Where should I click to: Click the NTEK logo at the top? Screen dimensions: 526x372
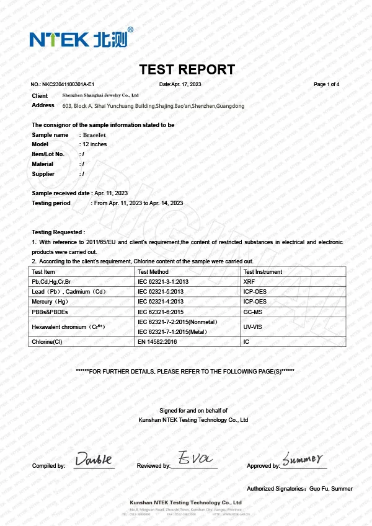pos(81,38)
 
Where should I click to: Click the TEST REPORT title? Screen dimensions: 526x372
pos(187,69)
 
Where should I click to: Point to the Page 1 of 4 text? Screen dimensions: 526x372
pos(327,84)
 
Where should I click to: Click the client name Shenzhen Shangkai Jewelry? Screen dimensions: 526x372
pos(100,95)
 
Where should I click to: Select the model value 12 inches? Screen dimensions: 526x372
pos(95,144)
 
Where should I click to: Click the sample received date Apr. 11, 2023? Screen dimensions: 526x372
pos(111,193)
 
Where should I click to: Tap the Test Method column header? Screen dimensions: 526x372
pos(153,272)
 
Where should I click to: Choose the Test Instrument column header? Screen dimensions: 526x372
pos(262,272)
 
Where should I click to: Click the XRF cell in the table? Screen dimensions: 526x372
pos(249,282)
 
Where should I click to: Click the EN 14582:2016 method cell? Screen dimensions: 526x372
pos(158,341)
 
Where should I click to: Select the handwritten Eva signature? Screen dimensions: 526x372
pos(195,458)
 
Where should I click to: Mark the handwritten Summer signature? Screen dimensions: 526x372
pos(303,459)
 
